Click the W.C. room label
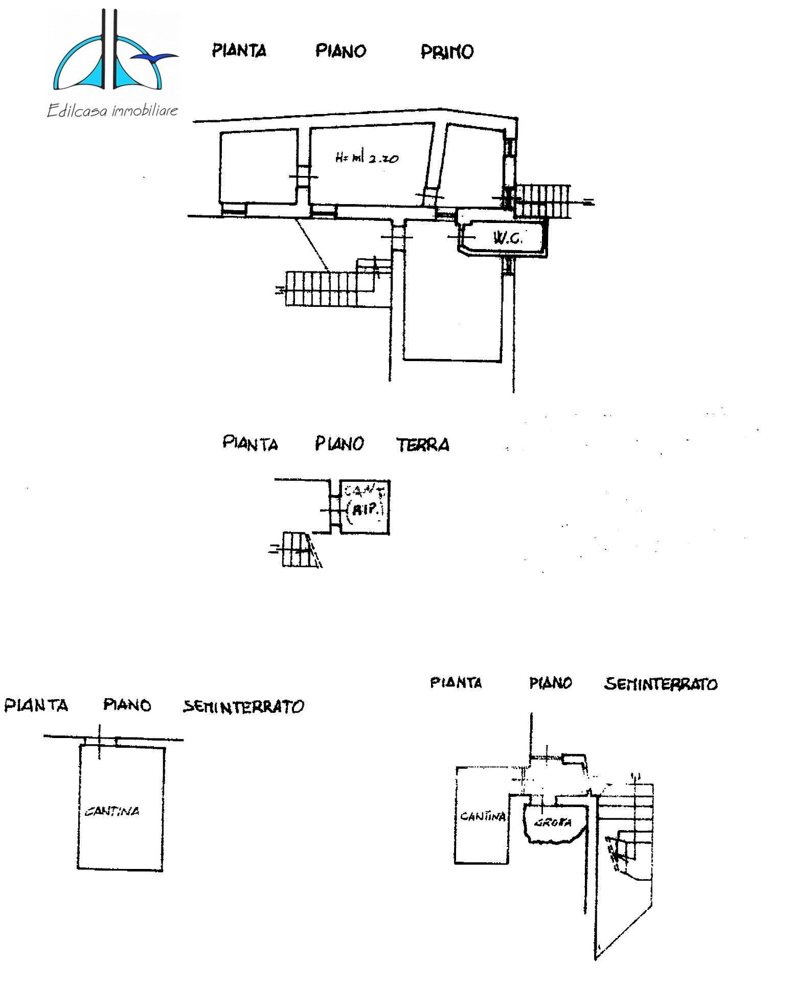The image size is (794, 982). (507, 238)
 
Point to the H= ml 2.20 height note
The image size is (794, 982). (367, 158)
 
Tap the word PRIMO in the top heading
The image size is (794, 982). (447, 52)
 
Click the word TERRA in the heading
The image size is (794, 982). (423, 445)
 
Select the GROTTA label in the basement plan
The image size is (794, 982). (553, 823)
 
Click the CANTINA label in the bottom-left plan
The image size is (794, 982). (112, 811)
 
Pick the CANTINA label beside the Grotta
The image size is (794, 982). (482, 816)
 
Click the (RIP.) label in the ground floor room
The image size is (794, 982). (366, 510)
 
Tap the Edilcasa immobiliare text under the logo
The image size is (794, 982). (112, 110)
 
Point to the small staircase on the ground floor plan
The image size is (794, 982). (297, 549)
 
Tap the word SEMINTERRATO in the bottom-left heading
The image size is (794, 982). (243, 707)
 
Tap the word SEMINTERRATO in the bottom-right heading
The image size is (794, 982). (661, 684)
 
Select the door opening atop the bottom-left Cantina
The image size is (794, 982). (101, 742)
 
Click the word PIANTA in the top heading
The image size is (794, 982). (239, 51)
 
